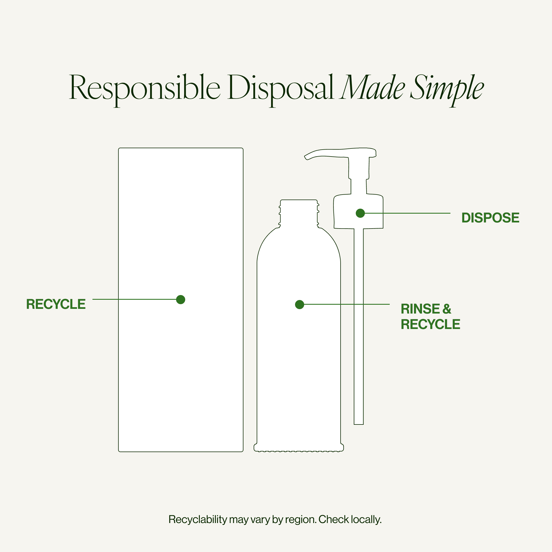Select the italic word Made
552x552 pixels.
[372, 87]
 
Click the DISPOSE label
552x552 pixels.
[490, 218]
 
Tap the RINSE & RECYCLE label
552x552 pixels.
[430, 317]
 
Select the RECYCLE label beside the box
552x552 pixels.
[56, 304]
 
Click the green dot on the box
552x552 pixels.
[181, 299]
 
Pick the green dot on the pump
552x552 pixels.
[360, 213]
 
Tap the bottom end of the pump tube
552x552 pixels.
[359, 424]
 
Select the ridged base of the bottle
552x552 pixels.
[299, 448]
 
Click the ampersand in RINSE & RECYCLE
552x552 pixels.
[447, 309]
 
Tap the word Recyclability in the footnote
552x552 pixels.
[198, 519]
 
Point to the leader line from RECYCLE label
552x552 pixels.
[134, 299]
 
